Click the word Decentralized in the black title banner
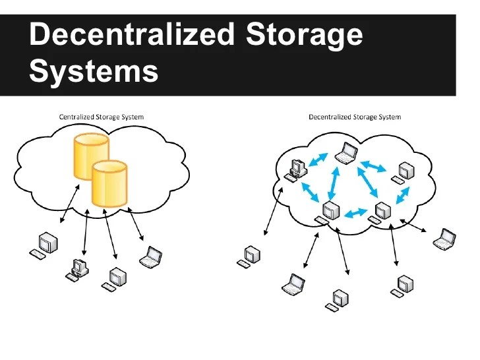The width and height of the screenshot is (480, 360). coord(132,35)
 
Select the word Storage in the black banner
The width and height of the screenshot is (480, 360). coord(304,35)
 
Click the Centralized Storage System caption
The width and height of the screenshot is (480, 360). coord(101,117)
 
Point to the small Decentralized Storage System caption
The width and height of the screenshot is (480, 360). coord(355,117)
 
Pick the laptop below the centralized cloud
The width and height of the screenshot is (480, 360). coord(151,256)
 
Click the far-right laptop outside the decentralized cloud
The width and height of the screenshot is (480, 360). coord(444,238)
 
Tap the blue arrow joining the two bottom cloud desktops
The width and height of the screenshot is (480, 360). coord(355,213)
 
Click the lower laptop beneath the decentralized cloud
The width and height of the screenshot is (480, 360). coord(293,285)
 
